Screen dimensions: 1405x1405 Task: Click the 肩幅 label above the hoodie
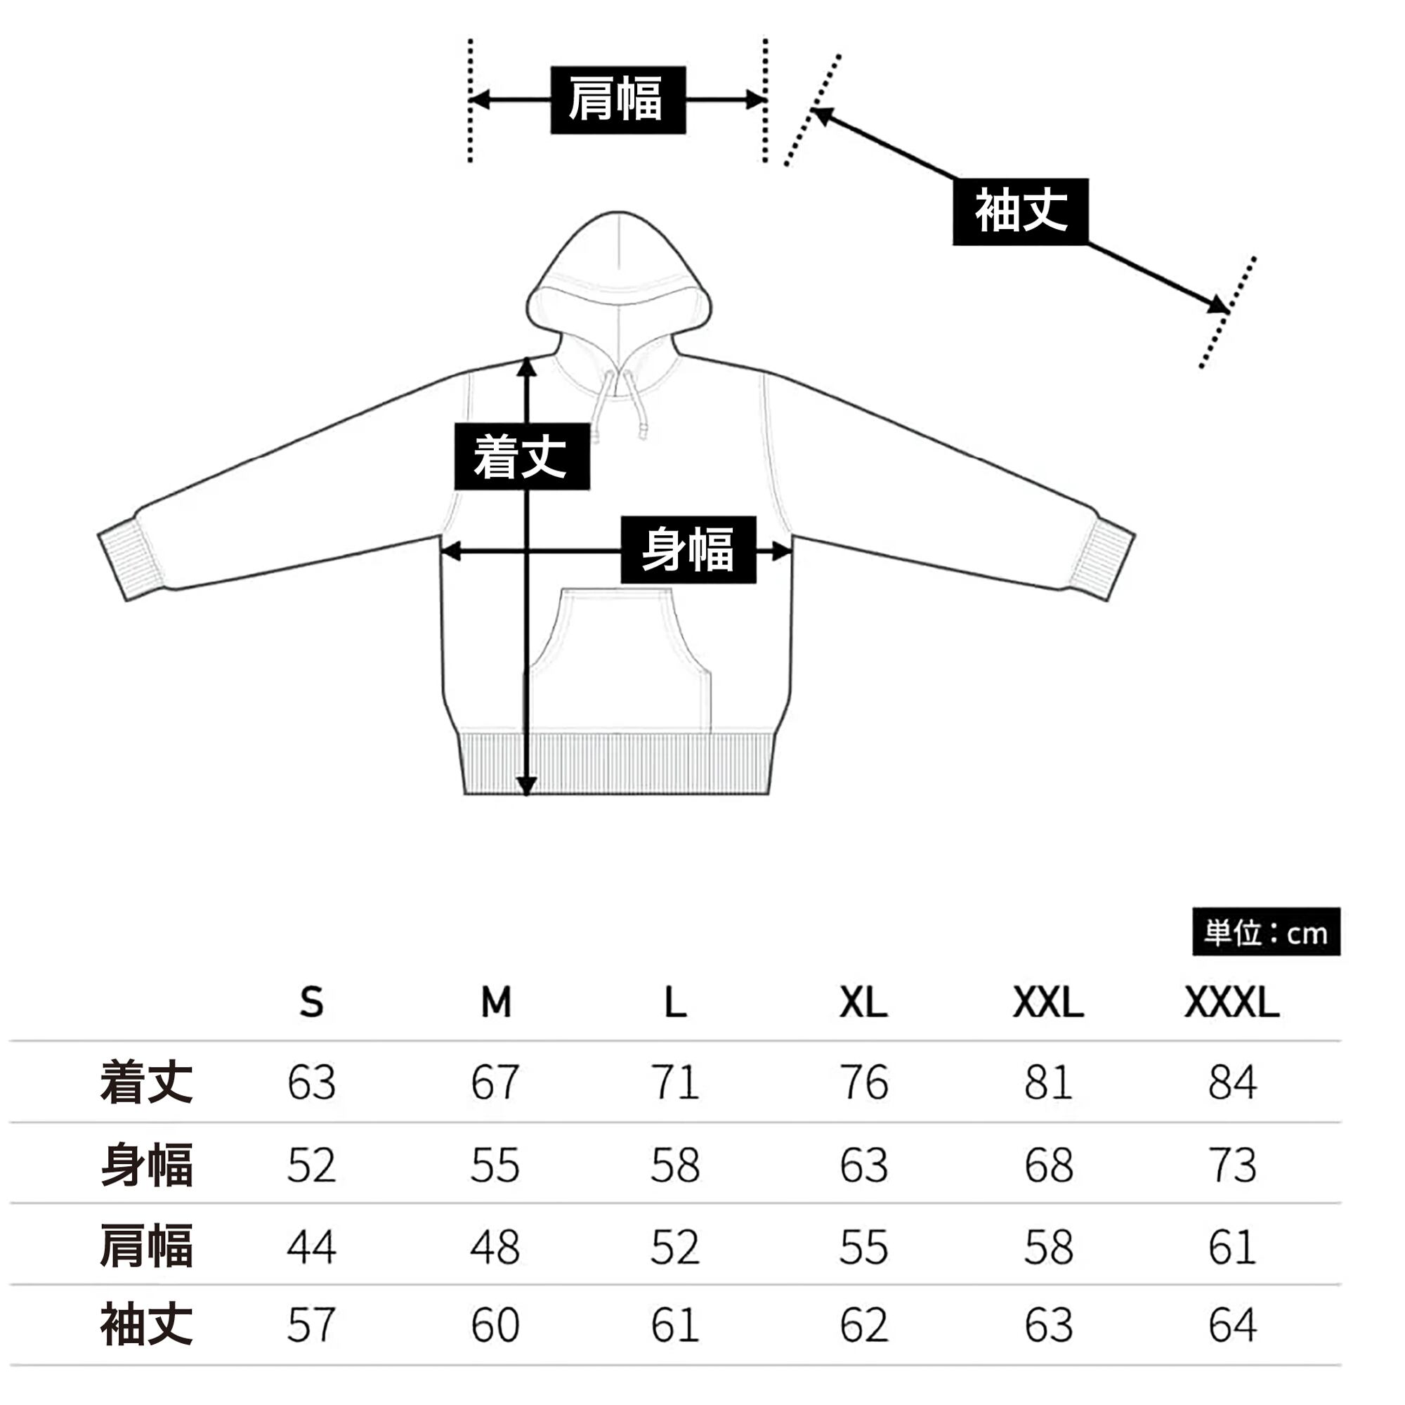click(x=617, y=100)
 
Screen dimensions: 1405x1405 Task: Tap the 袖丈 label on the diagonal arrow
click(x=1020, y=211)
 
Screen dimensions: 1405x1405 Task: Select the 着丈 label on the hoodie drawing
click(x=521, y=456)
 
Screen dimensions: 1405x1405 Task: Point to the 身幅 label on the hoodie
click(x=688, y=550)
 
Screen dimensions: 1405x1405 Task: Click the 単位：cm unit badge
click(x=1266, y=932)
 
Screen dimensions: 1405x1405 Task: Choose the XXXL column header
click(x=1231, y=1003)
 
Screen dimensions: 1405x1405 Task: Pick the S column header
click(x=311, y=1003)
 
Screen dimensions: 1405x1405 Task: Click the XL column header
click(x=863, y=1003)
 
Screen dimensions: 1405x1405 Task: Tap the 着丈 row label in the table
click(x=147, y=1082)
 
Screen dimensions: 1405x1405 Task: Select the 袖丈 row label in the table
click(x=147, y=1325)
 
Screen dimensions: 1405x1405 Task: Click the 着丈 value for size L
click(x=675, y=1083)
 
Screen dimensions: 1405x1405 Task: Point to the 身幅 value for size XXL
click(x=1048, y=1164)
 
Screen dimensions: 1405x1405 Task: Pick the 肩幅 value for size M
click(x=495, y=1246)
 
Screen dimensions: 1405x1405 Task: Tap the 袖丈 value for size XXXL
click(x=1232, y=1325)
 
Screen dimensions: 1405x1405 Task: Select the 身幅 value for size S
click(x=311, y=1164)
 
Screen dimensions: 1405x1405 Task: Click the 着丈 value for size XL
click(x=863, y=1083)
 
